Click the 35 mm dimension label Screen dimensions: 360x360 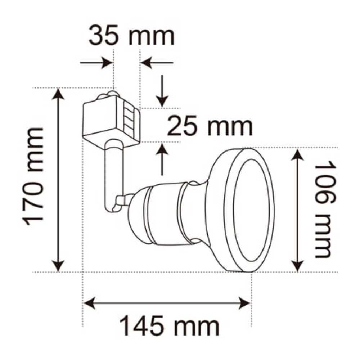(x=131, y=36)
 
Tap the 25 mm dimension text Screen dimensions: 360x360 (x=210, y=126)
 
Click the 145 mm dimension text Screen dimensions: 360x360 (x=169, y=326)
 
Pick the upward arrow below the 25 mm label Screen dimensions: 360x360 (x=163, y=158)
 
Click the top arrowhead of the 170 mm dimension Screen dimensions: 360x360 (x=59, y=94)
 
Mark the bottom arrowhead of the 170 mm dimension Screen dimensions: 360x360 (x=59, y=266)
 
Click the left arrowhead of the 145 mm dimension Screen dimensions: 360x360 (x=89, y=303)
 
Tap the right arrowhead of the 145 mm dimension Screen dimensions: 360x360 (x=245, y=303)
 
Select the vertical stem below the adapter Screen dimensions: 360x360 (x=113, y=176)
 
